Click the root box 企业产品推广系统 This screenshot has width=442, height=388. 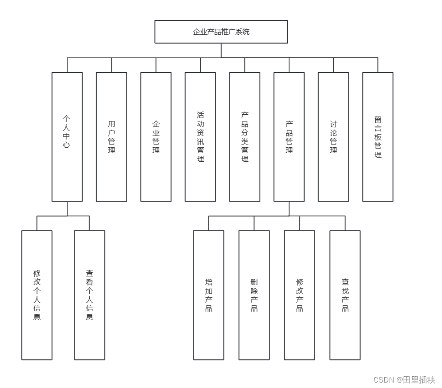pos(221,32)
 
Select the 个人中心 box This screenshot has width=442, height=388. pos(67,136)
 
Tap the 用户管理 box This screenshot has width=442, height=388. pos(111,136)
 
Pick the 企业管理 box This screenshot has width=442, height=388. pos(156,136)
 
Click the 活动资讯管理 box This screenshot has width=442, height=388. pos(200,136)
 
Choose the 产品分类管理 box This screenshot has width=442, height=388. pos(244,136)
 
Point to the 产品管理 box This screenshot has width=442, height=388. pos(289,136)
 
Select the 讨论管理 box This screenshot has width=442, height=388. pos(333,136)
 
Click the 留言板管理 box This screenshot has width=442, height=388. pos(378,136)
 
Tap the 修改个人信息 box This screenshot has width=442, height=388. pos(37,295)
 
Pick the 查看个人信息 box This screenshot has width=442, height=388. pos(90,295)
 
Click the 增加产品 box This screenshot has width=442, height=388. pos(209,295)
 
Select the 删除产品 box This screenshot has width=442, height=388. pos(254,295)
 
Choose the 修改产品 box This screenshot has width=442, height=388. pos(299,295)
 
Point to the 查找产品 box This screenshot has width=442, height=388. pos(345,295)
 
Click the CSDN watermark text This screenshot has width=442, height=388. pos(404,380)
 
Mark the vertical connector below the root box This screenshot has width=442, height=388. pos(221,51)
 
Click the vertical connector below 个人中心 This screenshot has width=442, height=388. pos(67,209)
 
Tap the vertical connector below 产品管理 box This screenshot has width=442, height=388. pos(289,209)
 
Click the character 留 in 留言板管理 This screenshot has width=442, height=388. pos(378,120)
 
